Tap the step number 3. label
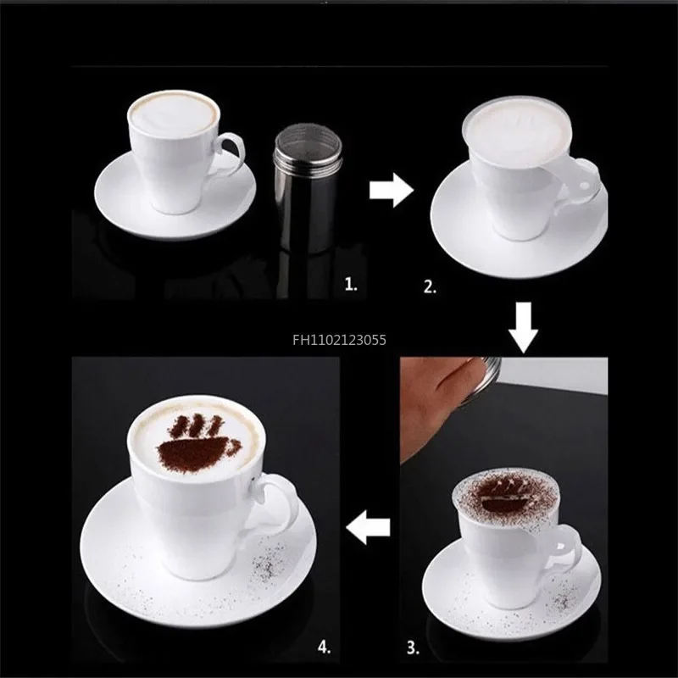pos(413,649)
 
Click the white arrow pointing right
pos(391,190)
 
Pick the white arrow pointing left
pos(366,530)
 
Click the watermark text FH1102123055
pos(339,340)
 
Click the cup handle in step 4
pos(281,503)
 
